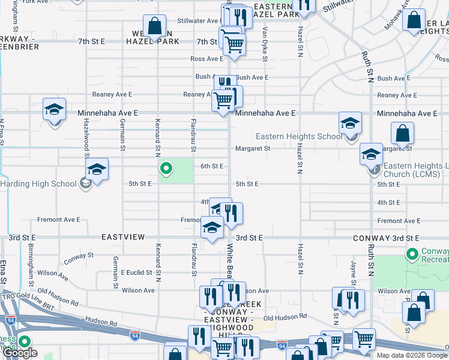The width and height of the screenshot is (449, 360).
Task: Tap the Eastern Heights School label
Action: [x=299, y=136]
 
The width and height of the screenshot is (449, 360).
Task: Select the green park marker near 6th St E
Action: [x=166, y=169]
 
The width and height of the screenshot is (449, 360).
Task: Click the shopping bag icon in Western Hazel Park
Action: [x=155, y=26]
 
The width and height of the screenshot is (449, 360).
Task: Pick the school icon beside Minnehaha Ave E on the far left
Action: [x=54, y=110]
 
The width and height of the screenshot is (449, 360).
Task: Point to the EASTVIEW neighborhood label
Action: [x=123, y=238]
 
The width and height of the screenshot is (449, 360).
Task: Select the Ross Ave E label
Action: [x=206, y=59]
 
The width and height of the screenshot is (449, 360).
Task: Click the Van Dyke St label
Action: [x=264, y=42]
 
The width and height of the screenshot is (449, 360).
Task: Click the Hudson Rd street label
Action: [x=99, y=320]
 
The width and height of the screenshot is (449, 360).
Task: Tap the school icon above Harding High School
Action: [x=96, y=170]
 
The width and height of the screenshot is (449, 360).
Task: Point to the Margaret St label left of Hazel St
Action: [x=253, y=148]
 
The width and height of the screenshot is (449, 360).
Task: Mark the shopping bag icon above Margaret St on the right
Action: [x=402, y=134]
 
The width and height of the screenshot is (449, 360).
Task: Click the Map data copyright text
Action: [x=412, y=355]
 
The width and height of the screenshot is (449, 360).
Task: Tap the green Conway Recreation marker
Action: [x=412, y=254]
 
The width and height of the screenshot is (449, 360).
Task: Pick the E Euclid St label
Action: [x=136, y=272]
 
